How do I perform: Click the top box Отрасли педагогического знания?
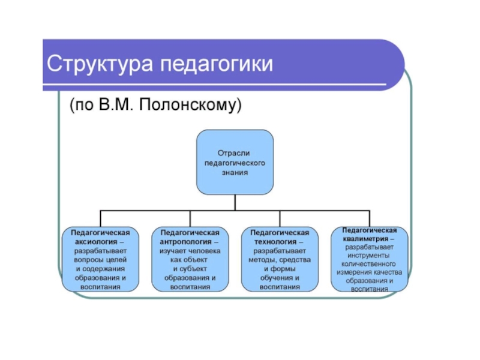[x=235, y=161]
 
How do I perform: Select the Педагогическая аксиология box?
[x=100, y=260]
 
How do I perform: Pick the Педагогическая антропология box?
[x=190, y=260]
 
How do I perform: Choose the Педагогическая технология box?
[x=280, y=260]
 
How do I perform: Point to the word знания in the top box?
[x=235, y=171]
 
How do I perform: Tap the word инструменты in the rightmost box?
[x=370, y=255]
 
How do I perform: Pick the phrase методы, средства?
[x=280, y=260]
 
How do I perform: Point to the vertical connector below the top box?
[x=235, y=202]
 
